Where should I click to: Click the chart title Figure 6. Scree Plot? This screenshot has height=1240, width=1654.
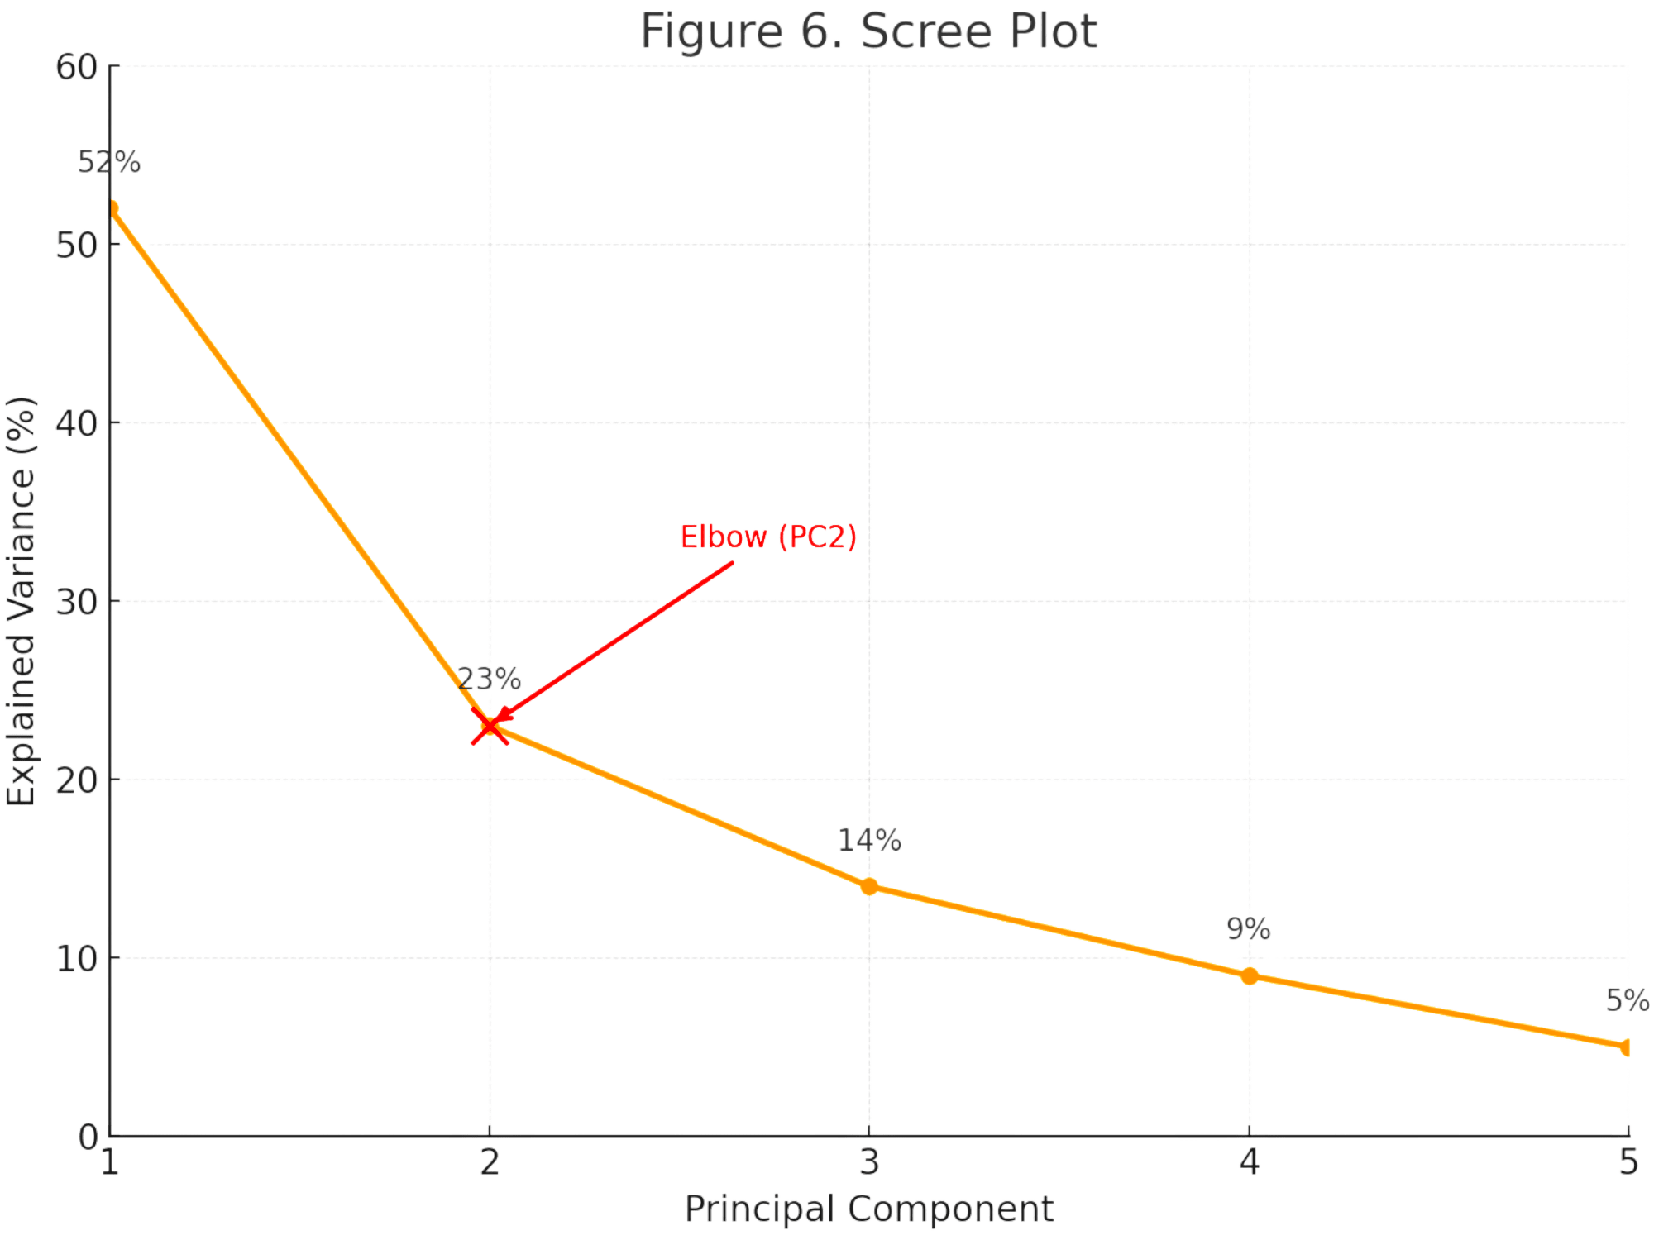pyautogui.click(x=869, y=31)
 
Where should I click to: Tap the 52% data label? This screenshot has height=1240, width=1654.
pyautogui.click(x=109, y=163)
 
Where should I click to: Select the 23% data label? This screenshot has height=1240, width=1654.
pyautogui.click(x=490, y=679)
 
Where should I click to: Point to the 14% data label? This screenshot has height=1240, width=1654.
pyautogui.click(x=869, y=840)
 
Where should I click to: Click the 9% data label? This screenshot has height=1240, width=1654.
pyautogui.click(x=1249, y=929)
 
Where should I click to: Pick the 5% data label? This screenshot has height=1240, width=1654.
pyautogui.click(x=1627, y=1001)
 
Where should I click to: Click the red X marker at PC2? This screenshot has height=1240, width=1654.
pyautogui.click(x=490, y=727)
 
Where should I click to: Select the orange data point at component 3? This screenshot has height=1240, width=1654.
pyautogui.click(x=869, y=887)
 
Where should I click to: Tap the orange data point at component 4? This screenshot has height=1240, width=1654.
pyautogui.click(x=1250, y=976)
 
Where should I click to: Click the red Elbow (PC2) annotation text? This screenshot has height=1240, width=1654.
pyautogui.click(x=768, y=537)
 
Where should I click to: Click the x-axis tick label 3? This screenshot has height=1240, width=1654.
pyautogui.click(x=869, y=1162)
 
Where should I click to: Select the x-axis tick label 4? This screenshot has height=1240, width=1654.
pyautogui.click(x=1249, y=1162)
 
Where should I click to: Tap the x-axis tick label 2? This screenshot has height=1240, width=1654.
pyautogui.click(x=490, y=1162)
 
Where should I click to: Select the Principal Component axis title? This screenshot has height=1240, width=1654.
pyautogui.click(x=869, y=1209)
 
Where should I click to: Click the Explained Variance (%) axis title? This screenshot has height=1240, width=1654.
pyautogui.click(x=22, y=602)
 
